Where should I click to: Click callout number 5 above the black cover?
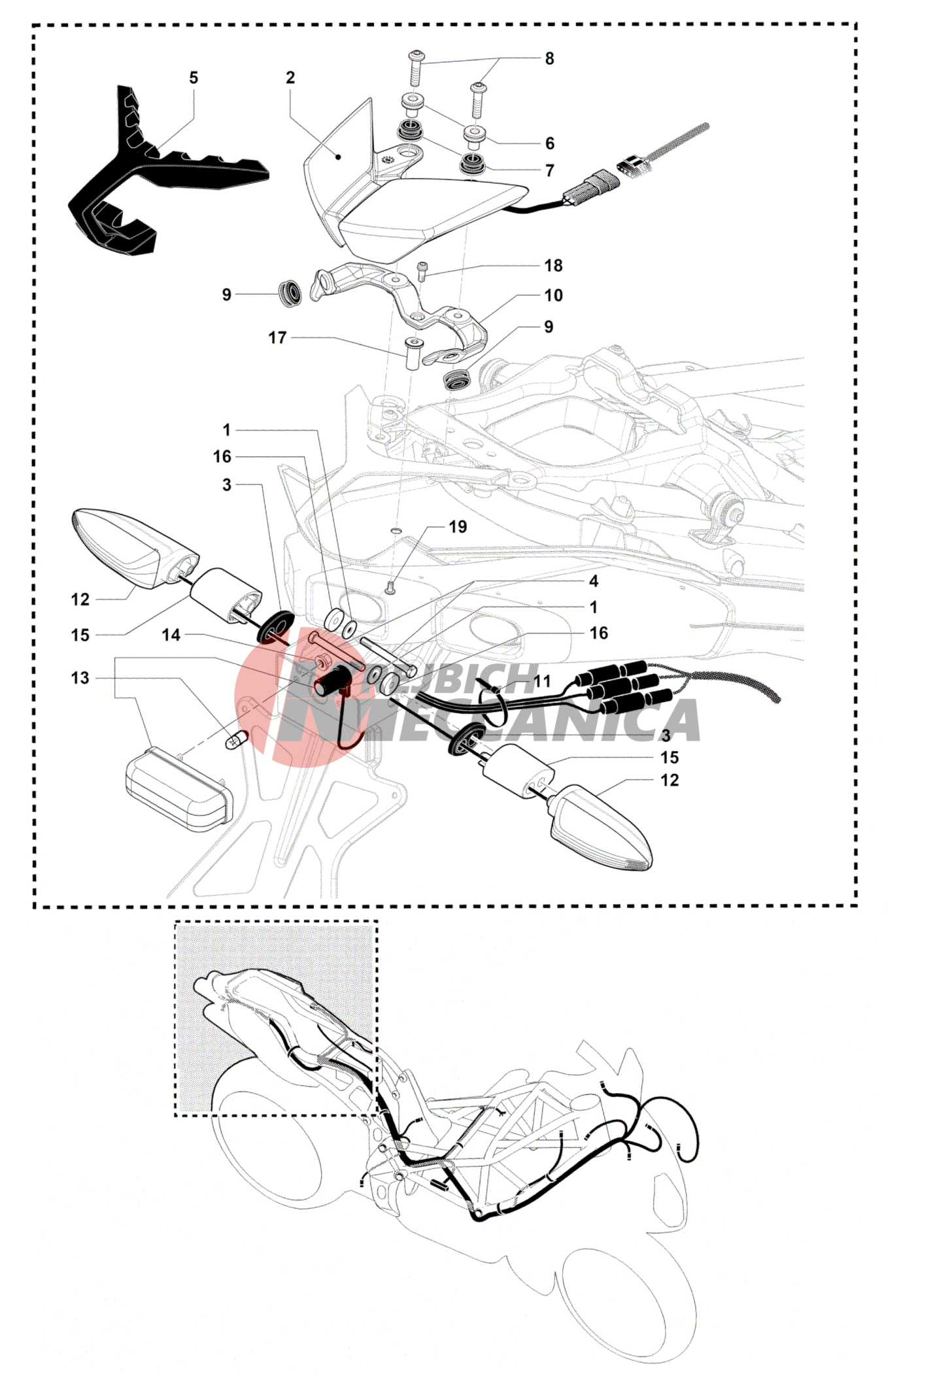[x=194, y=78]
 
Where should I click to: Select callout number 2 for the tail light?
[x=290, y=78]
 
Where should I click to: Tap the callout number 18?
[x=553, y=265]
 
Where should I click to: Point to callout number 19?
[x=458, y=527]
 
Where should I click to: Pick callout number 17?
[x=277, y=338]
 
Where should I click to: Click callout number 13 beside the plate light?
[x=80, y=678]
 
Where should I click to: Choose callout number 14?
[x=171, y=635]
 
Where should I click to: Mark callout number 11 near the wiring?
[x=542, y=681]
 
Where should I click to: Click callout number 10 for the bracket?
[x=553, y=295]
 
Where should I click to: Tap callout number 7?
[x=550, y=171]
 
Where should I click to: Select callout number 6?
[x=550, y=143]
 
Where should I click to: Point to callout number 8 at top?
[x=550, y=59]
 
